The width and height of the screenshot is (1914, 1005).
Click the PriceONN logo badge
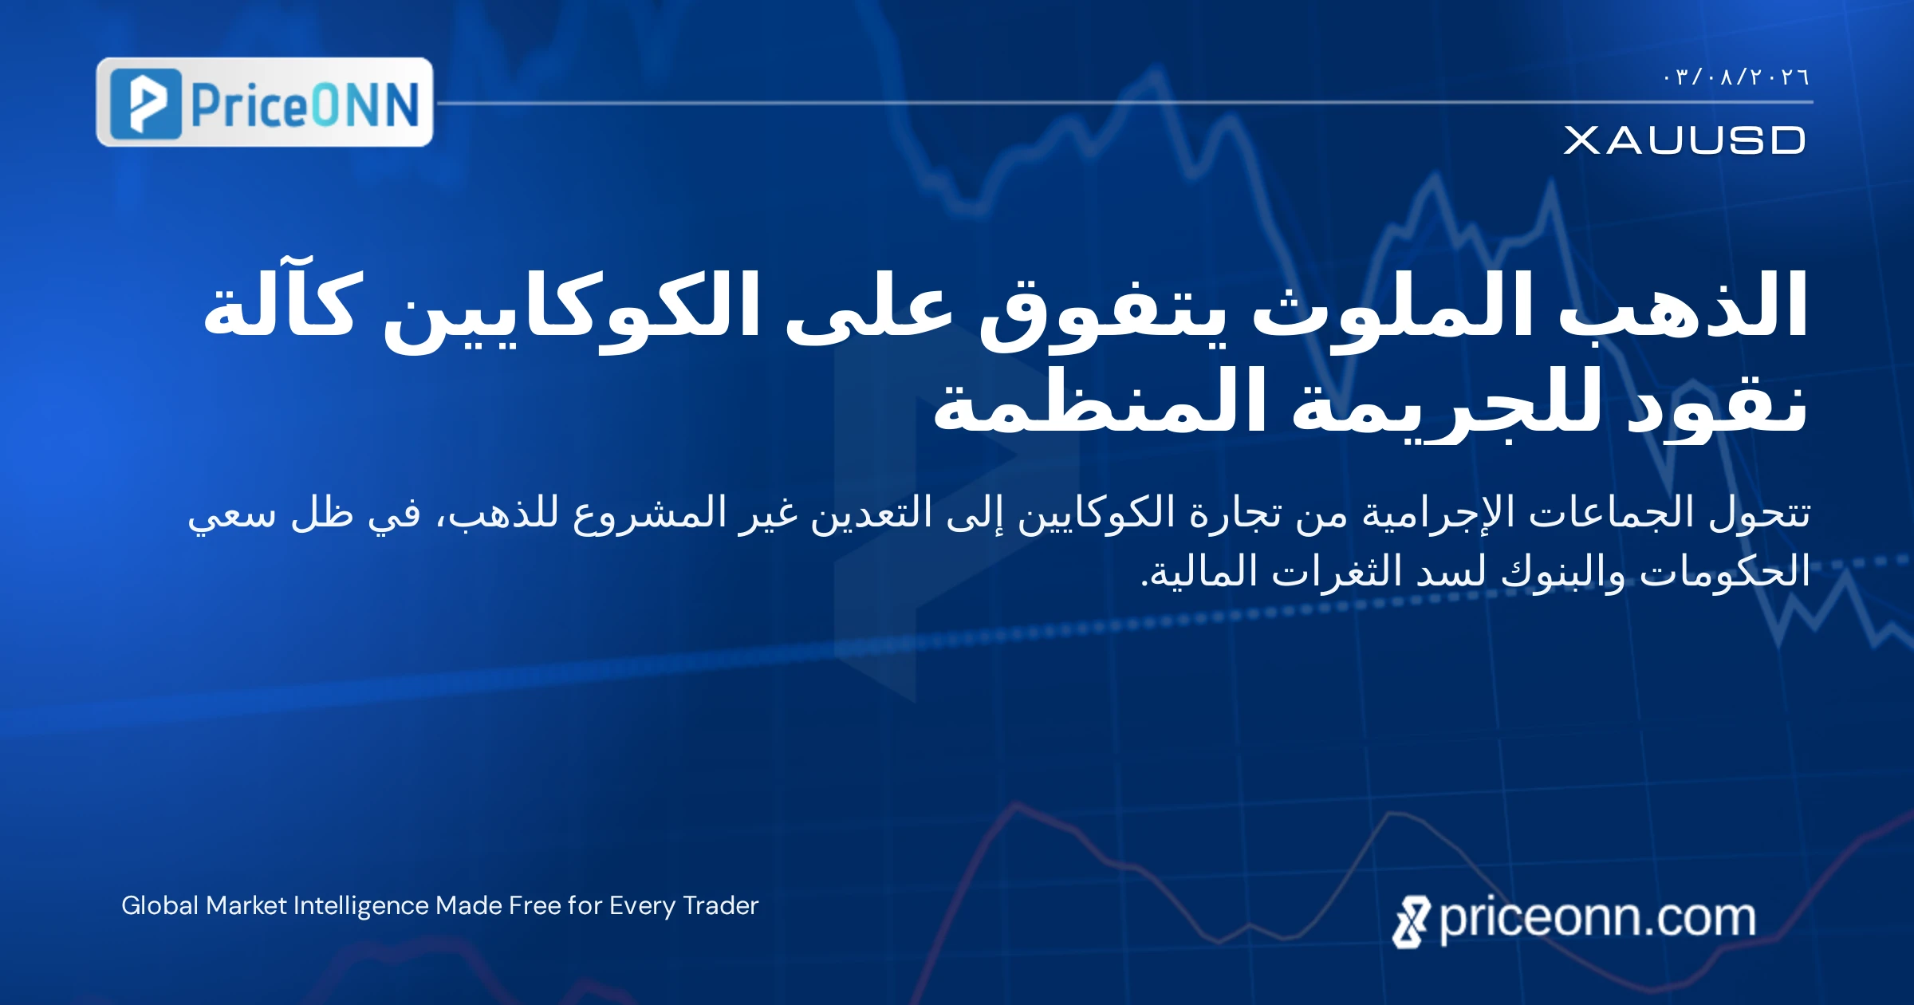tap(265, 102)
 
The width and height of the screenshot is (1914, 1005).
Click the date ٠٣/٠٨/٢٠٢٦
tap(1735, 77)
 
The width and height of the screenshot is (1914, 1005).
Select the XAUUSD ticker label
tap(1684, 140)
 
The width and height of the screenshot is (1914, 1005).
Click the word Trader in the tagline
tap(720, 905)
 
